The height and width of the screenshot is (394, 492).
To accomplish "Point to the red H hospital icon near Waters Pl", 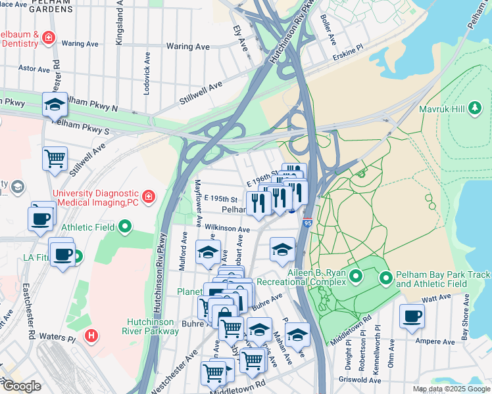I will tap(91, 336).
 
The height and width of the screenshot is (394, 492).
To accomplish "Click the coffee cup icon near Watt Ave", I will tap(412, 316).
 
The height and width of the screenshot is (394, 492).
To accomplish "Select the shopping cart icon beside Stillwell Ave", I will tap(55, 158).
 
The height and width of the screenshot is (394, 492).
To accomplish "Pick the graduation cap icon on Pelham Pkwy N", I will tap(55, 104).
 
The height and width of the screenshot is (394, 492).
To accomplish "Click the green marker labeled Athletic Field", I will tap(124, 228).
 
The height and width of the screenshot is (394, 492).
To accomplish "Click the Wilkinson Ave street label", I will tap(227, 229).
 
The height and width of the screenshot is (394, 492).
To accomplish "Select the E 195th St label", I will tap(220, 198).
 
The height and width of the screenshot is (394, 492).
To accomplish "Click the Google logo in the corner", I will tap(21, 386).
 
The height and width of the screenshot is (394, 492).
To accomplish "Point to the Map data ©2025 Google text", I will tap(451, 389).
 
